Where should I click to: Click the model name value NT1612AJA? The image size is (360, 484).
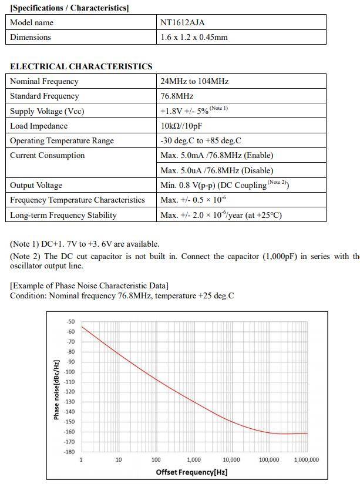pos(182,22)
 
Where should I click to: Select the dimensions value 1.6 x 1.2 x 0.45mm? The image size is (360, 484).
pos(194,37)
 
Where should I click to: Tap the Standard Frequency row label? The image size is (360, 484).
pos(44,96)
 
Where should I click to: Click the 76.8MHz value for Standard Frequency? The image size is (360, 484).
pos(177,96)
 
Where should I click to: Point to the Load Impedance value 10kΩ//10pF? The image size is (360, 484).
pos(181,126)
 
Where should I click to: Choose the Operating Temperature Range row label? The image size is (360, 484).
pos(62,140)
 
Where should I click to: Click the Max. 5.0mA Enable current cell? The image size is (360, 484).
pos(217,155)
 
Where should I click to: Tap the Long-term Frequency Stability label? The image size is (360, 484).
pos(63,215)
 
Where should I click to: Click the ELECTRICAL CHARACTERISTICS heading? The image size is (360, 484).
pos(81,66)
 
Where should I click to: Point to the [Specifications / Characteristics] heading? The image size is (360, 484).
pos(69,8)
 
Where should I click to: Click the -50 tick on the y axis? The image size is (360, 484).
pos(70,322)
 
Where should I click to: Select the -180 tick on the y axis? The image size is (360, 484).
pos(69,452)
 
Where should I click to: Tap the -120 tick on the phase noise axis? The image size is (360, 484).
pos(69,392)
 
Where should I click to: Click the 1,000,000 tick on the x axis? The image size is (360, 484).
pos(307,460)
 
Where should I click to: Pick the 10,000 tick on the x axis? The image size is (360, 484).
pos(231,460)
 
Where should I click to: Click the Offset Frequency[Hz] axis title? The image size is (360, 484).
pos(191,472)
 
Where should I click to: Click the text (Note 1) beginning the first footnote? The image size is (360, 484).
pos(24,244)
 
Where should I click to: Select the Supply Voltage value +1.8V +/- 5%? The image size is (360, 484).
pos(184,111)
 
